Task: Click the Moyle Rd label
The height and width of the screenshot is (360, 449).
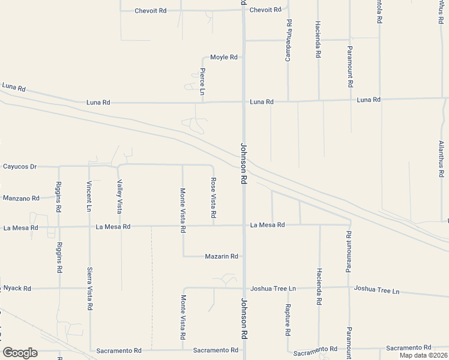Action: click(224, 58)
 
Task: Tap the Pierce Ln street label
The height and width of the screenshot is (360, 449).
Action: click(202, 82)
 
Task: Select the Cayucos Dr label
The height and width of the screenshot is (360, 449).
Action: click(20, 166)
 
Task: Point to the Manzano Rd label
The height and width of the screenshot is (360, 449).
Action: click(21, 198)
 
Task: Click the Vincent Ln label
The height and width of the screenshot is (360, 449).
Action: click(89, 197)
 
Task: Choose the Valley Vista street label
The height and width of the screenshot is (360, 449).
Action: click(119, 197)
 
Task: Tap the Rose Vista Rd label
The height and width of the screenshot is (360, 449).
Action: click(213, 198)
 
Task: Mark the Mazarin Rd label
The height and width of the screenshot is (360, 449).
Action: click(221, 256)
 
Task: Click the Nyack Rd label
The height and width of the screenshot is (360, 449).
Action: click(17, 289)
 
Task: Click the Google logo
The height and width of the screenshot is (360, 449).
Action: click(20, 353)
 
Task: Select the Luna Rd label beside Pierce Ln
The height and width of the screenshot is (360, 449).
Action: click(98, 103)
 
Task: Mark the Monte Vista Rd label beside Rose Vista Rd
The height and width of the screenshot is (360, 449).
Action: click(182, 210)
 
